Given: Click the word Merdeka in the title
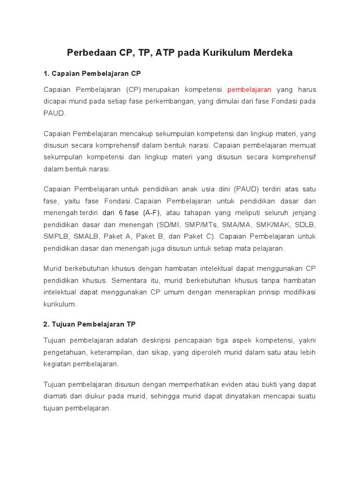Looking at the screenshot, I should [273, 53].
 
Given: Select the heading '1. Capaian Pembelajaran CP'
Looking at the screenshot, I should [92, 74].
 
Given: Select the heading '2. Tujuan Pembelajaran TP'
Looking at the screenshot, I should [90, 324].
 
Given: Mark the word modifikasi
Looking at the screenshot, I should [299, 292].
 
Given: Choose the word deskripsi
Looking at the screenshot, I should [160, 340].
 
